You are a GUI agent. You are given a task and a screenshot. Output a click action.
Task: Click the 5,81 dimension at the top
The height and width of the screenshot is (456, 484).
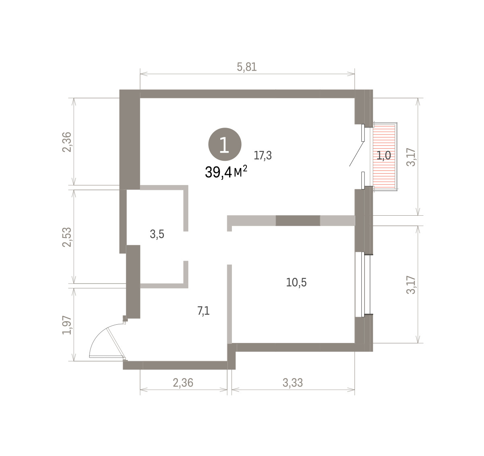(246, 67)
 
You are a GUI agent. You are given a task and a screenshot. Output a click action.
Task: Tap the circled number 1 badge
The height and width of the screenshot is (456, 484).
(225, 144)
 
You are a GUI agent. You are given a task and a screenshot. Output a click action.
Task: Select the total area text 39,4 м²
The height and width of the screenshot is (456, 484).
(226, 172)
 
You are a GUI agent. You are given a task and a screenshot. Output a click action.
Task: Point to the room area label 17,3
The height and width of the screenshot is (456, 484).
(263, 155)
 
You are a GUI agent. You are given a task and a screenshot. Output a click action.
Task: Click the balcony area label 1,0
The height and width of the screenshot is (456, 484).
(384, 155)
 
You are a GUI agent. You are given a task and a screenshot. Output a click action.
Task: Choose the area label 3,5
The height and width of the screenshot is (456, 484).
(157, 234)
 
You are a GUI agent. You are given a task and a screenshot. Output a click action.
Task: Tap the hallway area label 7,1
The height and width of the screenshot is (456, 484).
(203, 311)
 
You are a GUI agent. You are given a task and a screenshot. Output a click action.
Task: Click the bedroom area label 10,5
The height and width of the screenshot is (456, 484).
(296, 282)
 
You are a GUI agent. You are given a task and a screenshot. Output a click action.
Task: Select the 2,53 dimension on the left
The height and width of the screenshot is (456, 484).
(67, 237)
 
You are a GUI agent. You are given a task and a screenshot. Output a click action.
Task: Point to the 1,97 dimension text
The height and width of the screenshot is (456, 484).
(67, 325)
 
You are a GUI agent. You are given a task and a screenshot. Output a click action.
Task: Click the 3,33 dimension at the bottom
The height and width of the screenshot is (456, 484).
(292, 383)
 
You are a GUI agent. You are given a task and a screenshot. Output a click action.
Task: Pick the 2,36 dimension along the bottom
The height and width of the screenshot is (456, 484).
(183, 383)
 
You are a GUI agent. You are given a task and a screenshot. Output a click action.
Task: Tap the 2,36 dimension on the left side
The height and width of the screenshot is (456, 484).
(67, 142)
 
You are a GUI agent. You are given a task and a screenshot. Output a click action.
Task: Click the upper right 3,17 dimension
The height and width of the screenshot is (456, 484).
(411, 157)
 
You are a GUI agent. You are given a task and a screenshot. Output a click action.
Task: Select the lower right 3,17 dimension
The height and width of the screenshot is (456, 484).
(411, 285)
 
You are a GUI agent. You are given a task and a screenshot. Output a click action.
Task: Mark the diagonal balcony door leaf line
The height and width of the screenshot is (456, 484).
(357, 154)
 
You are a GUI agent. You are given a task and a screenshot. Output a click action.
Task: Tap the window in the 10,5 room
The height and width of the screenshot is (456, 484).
(363, 284)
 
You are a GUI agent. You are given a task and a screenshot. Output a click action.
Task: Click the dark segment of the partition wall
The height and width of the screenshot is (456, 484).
(298, 221)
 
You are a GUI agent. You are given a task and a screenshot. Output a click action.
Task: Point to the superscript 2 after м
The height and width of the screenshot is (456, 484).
(245, 168)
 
